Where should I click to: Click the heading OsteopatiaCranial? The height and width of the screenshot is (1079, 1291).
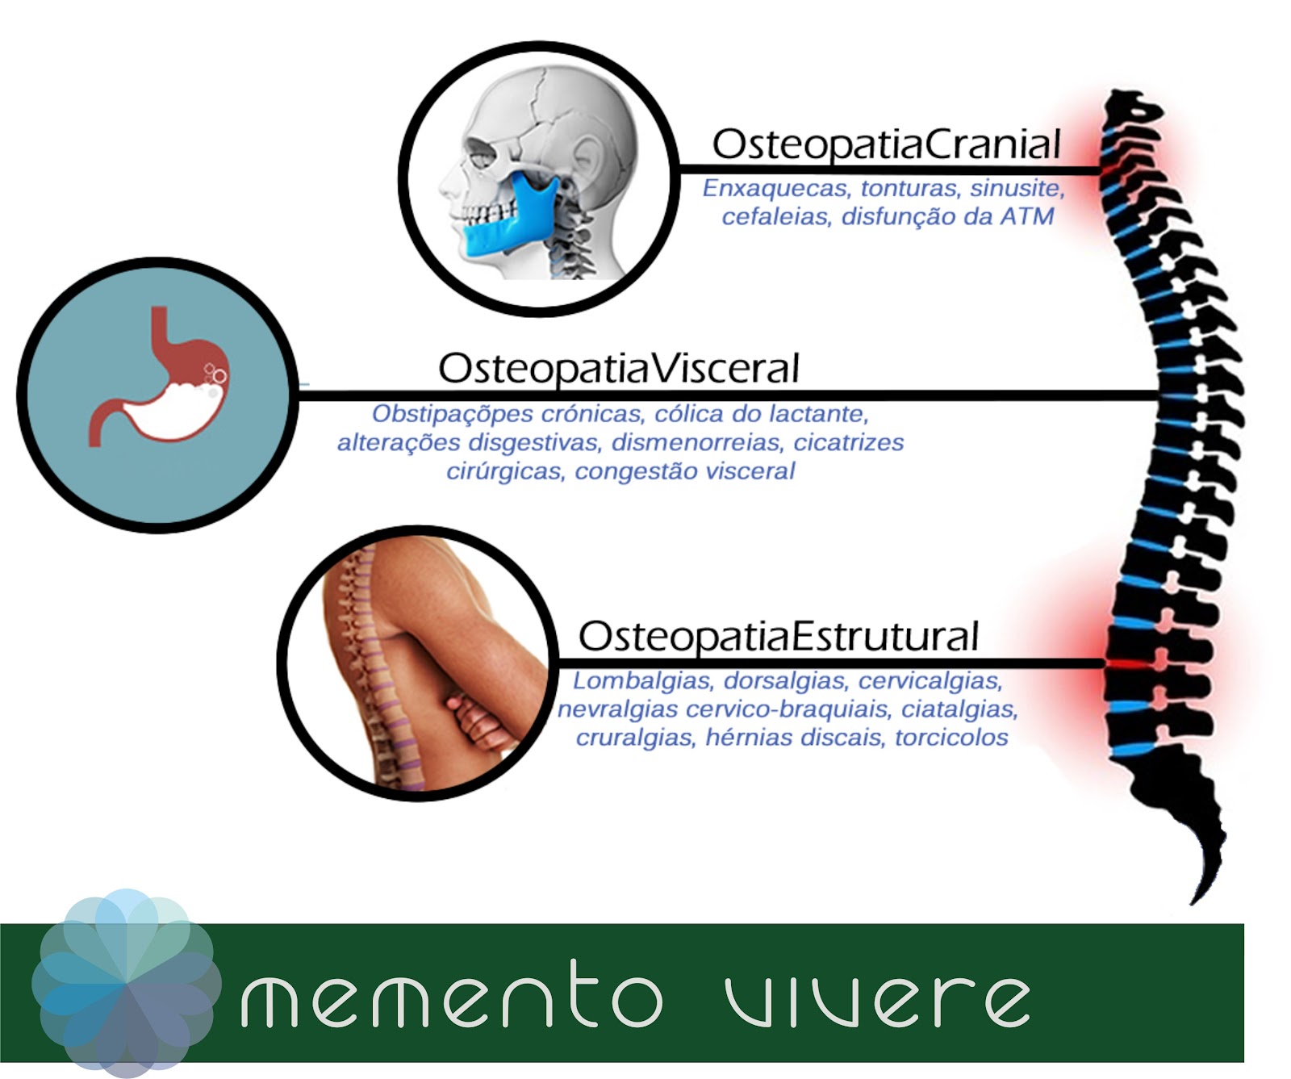[x=886, y=144]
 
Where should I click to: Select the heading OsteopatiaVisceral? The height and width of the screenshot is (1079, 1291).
[x=619, y=369]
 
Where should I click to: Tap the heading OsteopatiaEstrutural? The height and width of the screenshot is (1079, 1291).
[x=779, y=636]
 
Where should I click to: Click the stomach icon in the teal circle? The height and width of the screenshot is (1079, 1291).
[x=158, y=376]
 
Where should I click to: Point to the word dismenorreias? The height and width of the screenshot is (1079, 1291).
[x=696, y=442]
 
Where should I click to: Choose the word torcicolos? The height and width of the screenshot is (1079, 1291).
[x=951, y=738]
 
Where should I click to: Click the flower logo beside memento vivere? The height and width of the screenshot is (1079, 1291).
[x=127, y=983]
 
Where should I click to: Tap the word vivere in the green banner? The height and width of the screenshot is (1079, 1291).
[x=877, y=999]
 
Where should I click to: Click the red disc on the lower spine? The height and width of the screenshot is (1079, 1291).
[x=1126, y=663]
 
